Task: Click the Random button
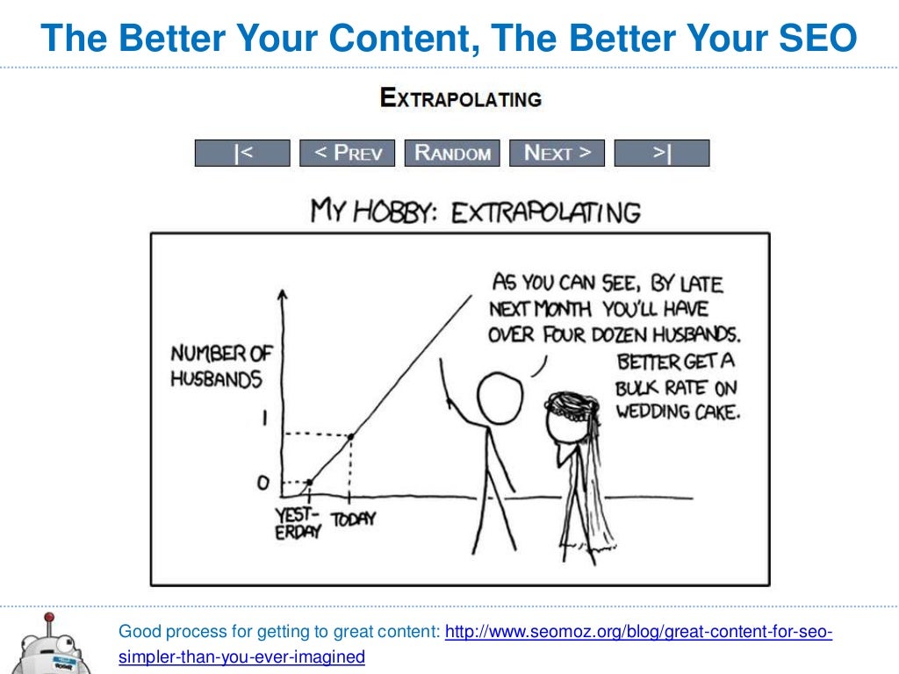[452, 153]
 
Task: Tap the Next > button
[557, 153]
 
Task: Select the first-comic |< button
[242, 153]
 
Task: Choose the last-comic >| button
[662, 153]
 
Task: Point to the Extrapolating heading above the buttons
[461, 98]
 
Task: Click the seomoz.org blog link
[475, 643]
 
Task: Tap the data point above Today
[351, 437]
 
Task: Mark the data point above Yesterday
[310, 483]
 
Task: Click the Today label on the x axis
[353, 519]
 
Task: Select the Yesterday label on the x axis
[298, 523]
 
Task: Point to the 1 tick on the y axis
[264, 418]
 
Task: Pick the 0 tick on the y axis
[263, 483]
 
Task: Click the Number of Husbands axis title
[221, 366]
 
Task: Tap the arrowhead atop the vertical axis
[282, 293]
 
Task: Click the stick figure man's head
[500, 398]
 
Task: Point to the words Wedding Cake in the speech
[679, 412]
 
